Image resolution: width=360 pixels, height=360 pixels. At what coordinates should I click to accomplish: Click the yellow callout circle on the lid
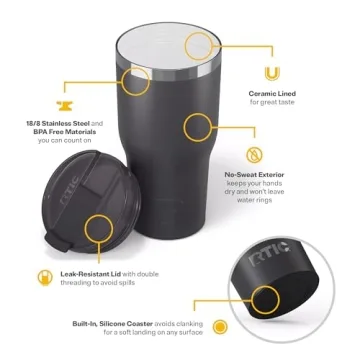click(x=99, y=228)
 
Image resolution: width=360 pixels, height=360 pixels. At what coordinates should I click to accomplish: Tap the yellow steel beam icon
click(x=65, y=106)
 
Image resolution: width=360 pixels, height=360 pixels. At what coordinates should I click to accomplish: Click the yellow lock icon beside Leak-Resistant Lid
click(x=42, y=274)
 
